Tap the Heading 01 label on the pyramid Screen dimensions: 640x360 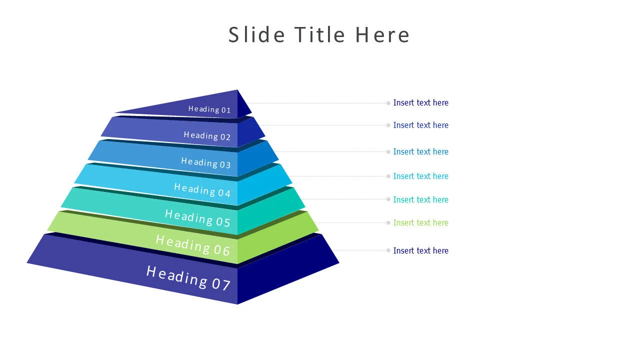click(x=209, y=109)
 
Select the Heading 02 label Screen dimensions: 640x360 click(x=207, y=135)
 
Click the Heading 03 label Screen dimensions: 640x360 click(x=206, y=162)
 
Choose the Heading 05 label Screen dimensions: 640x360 click(x=197, y=217)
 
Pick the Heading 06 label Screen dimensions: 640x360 click(x=192, y=245)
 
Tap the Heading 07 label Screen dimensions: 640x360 click(x=188, y=277)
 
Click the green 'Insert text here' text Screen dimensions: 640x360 click(x=420, y=222)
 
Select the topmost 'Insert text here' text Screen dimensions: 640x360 click(x=420, y=102)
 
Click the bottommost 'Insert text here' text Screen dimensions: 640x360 click(x=420, y=250)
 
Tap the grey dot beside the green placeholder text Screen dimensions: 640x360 click(x=388, y=222)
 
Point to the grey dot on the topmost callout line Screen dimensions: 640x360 click(x=388, y=103)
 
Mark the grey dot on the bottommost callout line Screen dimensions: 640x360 click(x=388, y=250)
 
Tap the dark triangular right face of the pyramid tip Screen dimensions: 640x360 click(x=243, y=106)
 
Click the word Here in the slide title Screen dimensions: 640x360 click(x=382, y=35)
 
